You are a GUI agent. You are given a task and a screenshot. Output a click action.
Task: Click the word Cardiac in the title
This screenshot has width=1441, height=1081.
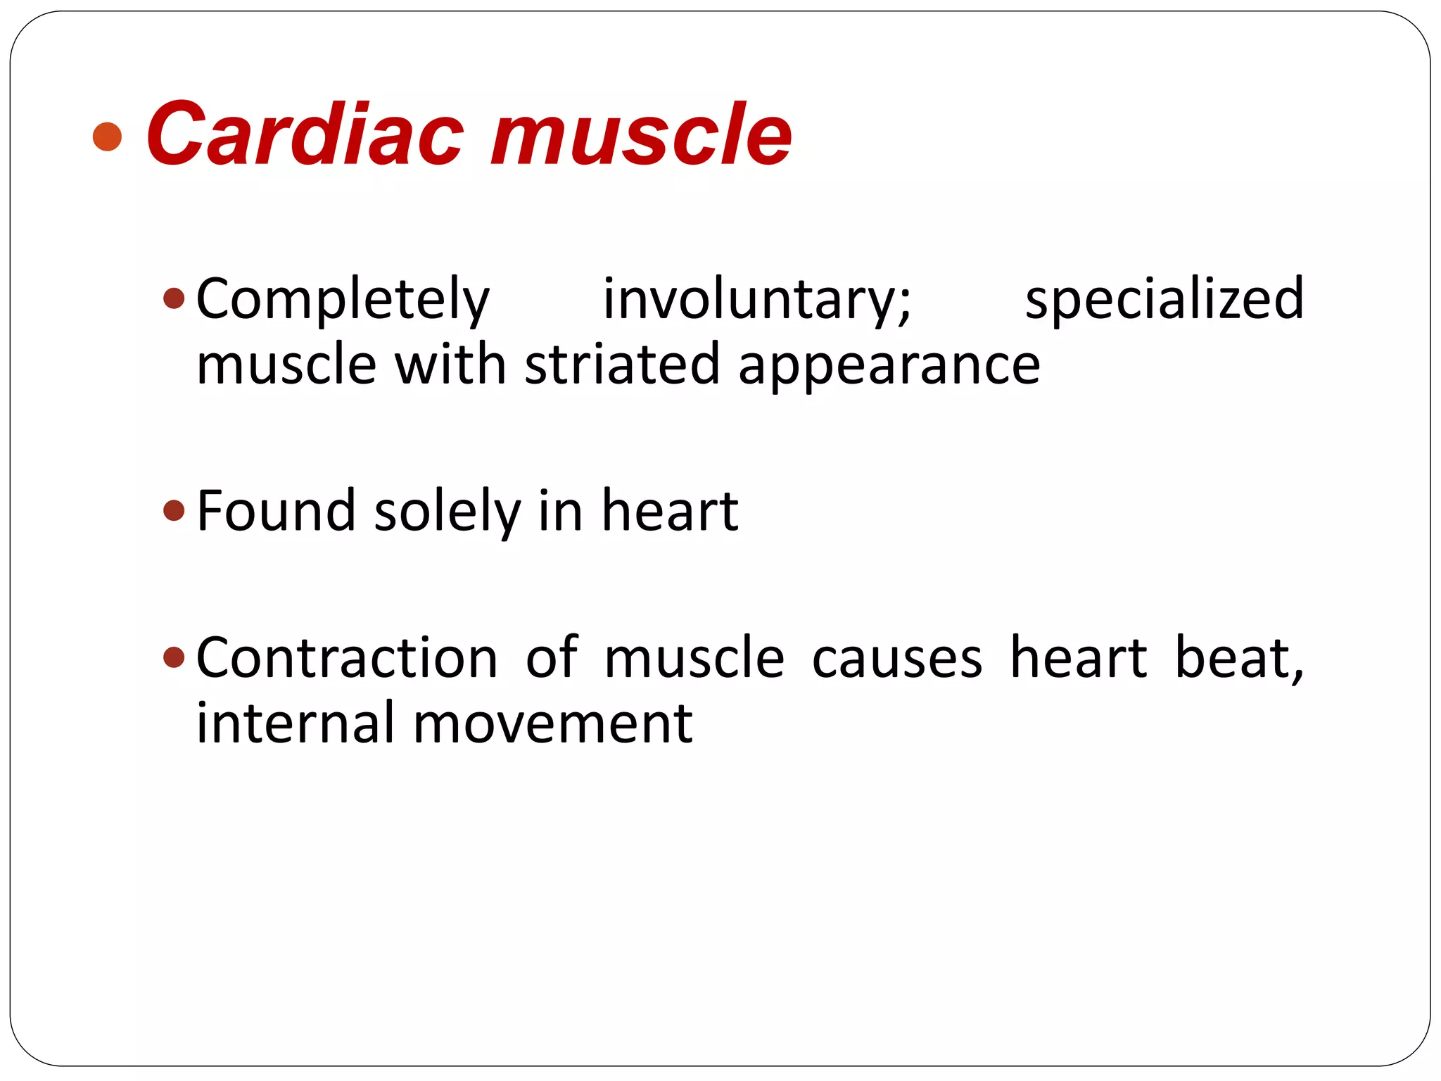tap(305, 134)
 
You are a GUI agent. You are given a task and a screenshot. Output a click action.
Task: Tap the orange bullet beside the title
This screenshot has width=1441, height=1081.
tap(108, 137)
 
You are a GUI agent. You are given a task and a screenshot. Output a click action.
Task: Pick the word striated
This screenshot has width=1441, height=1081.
tap(622, 365)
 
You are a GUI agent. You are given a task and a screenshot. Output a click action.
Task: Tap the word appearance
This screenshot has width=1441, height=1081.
tap(889, 366)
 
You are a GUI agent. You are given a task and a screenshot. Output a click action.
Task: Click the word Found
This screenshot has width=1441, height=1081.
tap(276, 510)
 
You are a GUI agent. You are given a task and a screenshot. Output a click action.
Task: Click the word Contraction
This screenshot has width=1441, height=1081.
tap(347, 657)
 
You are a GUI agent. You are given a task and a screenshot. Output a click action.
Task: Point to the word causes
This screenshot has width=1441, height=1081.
tap(897, 659)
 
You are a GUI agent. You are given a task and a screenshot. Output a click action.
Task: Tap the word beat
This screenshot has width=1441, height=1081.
tap(1238, 657)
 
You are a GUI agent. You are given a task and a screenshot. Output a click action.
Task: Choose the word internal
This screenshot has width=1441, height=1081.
tap(295, 723)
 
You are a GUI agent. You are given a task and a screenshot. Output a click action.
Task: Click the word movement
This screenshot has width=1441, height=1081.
tap(552, 723)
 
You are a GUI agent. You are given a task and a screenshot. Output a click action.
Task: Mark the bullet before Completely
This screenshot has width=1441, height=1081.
tap(174, 299)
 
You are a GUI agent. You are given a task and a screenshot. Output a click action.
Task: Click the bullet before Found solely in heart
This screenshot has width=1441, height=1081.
tap(174, 510)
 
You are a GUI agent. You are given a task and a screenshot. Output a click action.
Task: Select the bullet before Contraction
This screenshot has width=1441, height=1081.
tap(174, 658)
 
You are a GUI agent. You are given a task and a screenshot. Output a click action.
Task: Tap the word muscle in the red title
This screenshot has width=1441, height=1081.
tap(642, 134)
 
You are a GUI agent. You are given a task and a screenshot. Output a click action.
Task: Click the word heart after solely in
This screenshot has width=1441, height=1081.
tap(670, 510)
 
